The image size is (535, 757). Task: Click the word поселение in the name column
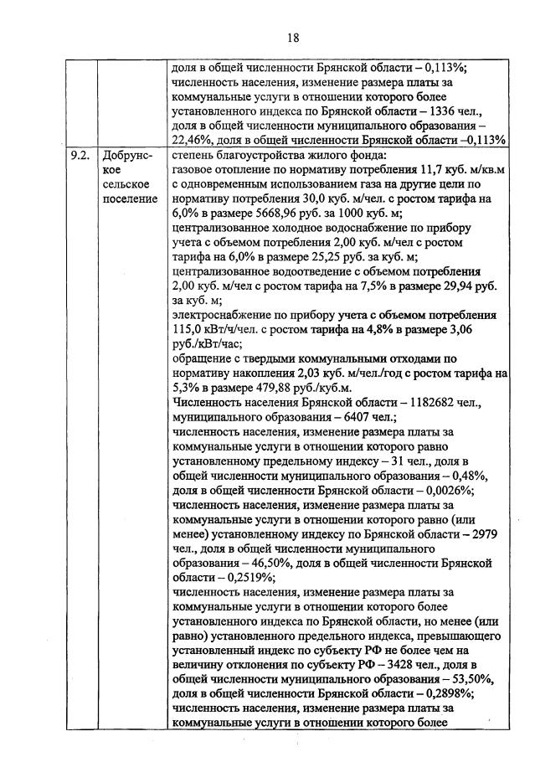click(130, 198)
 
